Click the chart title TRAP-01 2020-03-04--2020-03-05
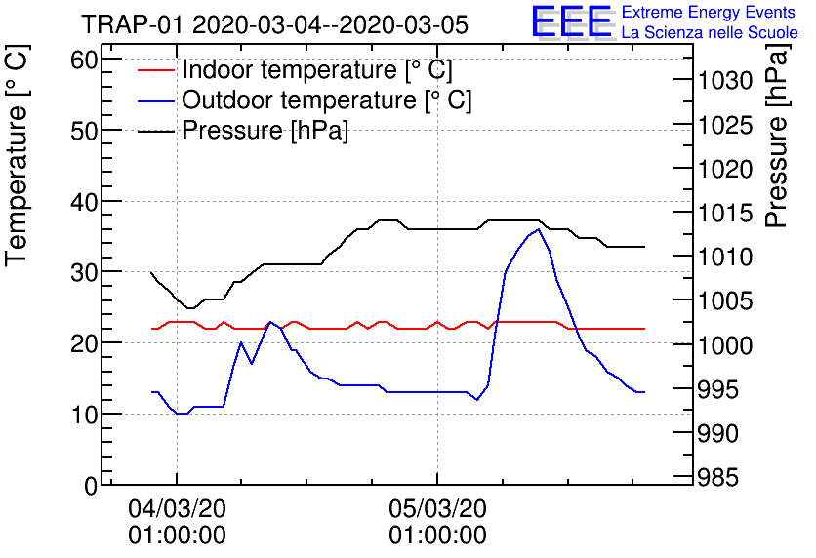coord(274,23)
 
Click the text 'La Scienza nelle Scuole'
coord(710,33)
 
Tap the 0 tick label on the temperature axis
coord(91,485)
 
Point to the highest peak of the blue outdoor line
coord(538,229)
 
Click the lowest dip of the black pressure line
coord(191,308)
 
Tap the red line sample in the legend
coord(155,70)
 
